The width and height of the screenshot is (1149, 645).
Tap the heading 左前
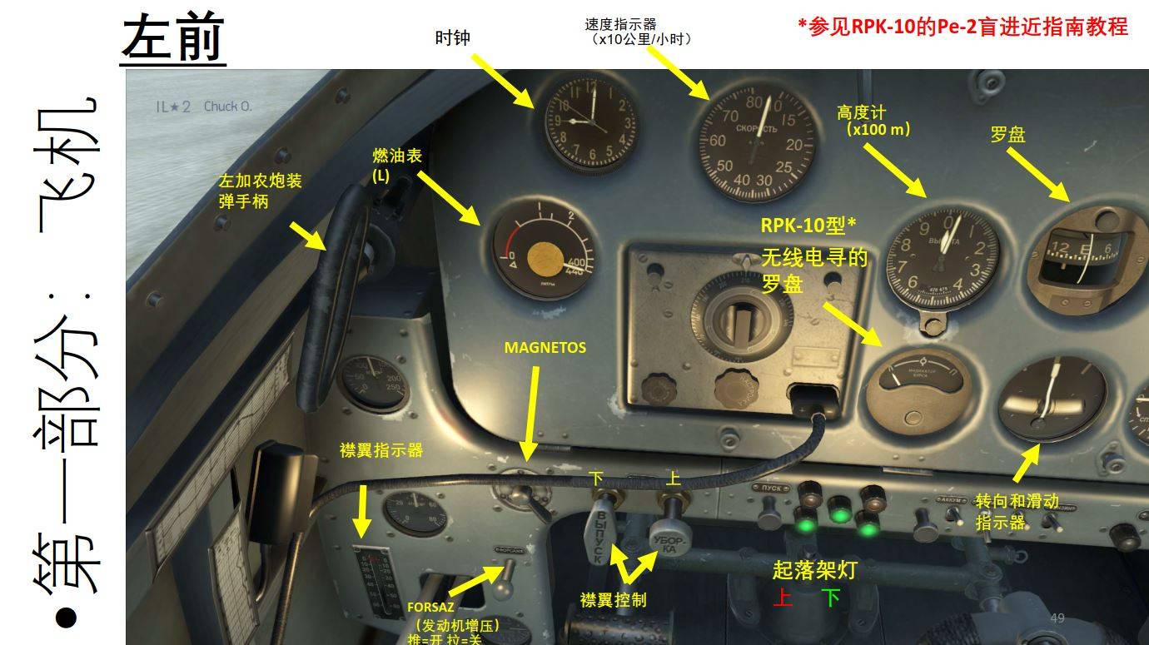point(173,38)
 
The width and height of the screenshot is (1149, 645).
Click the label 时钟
point(453,38)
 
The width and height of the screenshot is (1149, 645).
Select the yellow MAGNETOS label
point(545,348)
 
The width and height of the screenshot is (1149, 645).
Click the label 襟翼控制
point(613,599)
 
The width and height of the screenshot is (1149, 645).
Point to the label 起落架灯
point(813,570)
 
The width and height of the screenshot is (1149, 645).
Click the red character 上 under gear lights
point(782,598)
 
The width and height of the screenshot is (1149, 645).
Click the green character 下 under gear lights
point(830,598)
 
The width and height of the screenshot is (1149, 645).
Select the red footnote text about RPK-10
point(962,26)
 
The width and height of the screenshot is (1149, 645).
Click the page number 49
point(1057,618)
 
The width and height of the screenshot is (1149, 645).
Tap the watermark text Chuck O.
point(227,107)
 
